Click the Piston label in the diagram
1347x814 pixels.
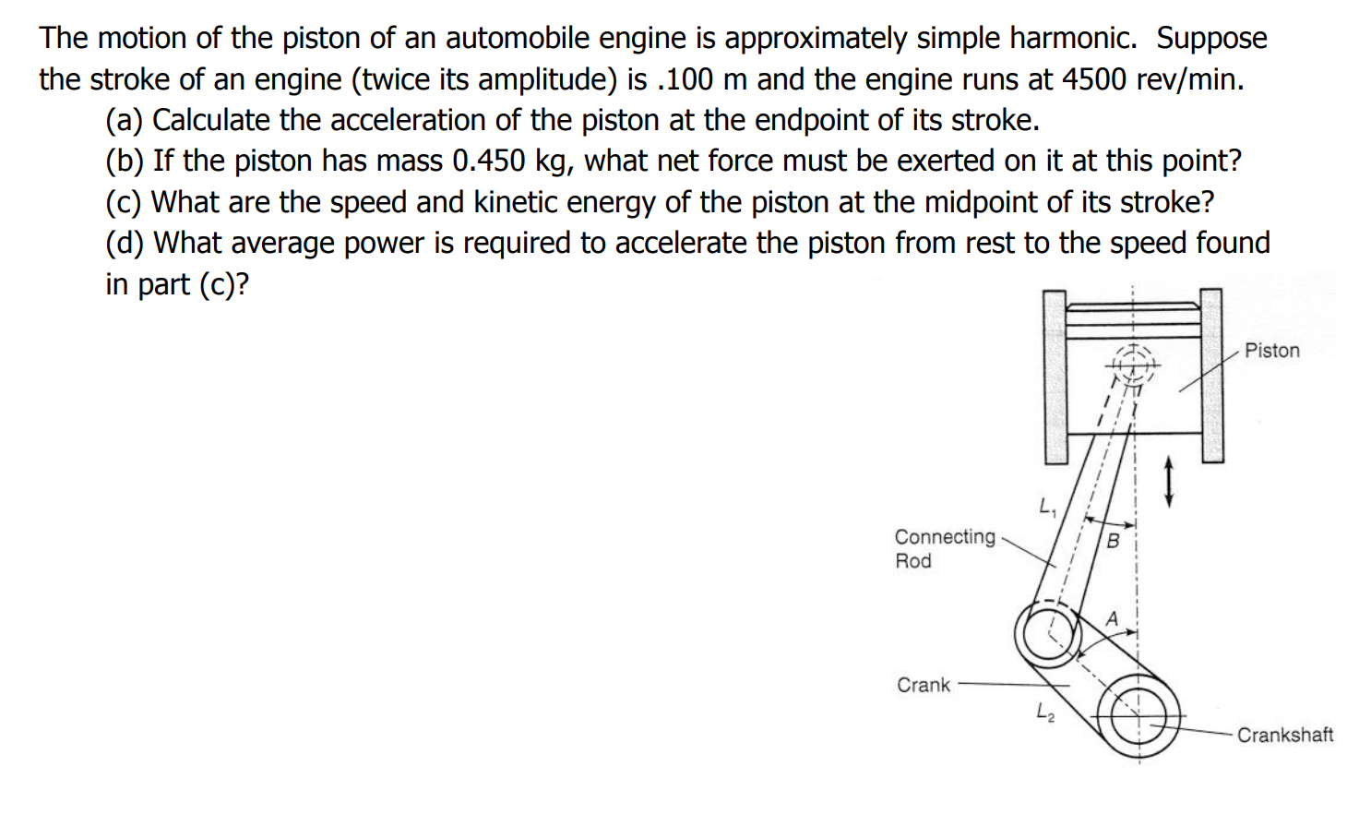[x=1271, y=351]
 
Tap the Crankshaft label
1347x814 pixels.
[x=1284, y=735]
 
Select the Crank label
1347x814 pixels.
[x=923, y=685]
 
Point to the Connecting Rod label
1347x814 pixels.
[x=944, y=548]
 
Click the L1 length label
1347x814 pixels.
[x=1046, y=506]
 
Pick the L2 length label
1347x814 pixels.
[x=1043, y=712]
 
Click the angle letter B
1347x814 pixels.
[x=1113, y=541]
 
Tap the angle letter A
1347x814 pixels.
[x=1112, y=618]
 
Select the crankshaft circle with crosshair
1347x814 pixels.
[x=1138, y=716]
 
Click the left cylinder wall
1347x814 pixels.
[x=1055, y=377]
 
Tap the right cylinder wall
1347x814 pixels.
[x=1211, y=377]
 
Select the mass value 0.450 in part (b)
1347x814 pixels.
[x=489, y=161]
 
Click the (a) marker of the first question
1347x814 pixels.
[x=125, y=120]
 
